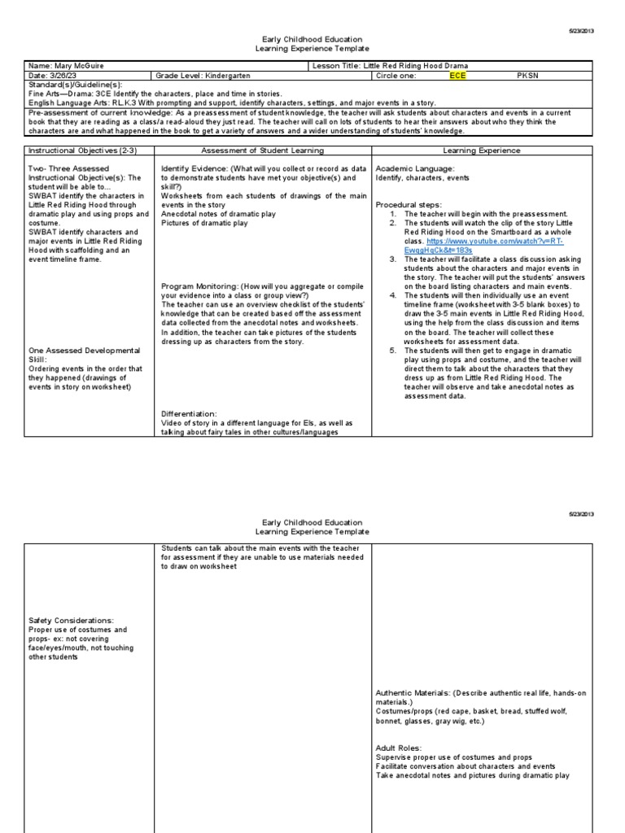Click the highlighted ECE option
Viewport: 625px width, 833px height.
458,76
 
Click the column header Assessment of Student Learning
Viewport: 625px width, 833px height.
262,150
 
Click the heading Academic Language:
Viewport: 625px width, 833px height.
416,168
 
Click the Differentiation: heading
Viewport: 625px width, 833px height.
189,414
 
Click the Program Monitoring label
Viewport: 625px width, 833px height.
199,287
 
